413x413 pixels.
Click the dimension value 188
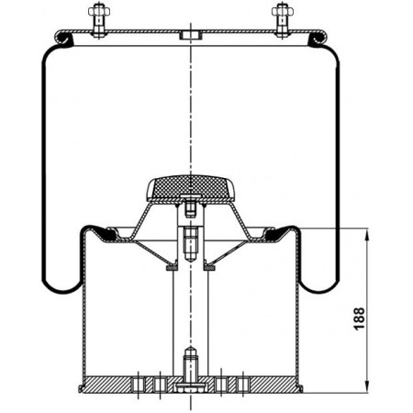tap(360, 318)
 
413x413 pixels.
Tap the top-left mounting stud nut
tap(99, 11)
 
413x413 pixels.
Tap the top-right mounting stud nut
tap(283, 11)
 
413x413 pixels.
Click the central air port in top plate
tap(191, 35)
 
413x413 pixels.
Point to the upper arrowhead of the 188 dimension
tap(367, 235)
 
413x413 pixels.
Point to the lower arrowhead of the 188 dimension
tap(367, 385)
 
